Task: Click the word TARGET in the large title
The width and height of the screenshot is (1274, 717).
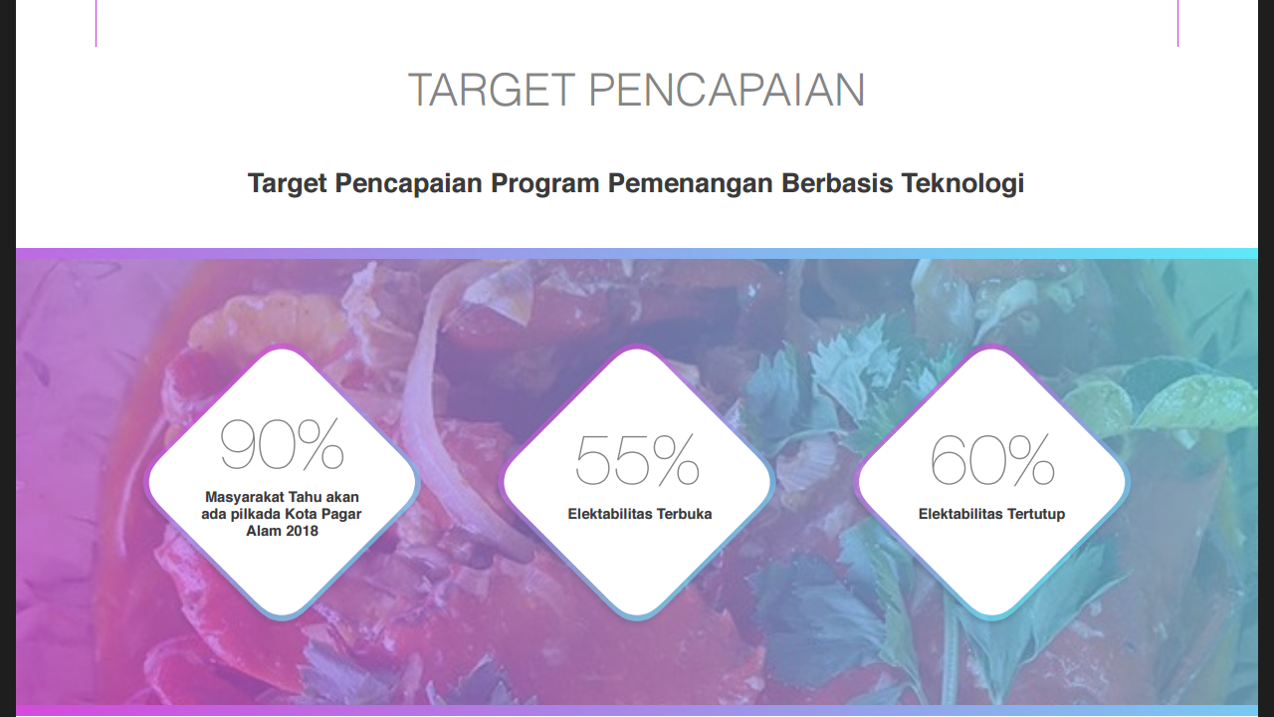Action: click(492, 91)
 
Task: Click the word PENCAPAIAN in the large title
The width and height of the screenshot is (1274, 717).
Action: click(726, 91)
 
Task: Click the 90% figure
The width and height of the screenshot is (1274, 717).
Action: click(282, 445)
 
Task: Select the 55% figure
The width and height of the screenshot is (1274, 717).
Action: click(637, 459)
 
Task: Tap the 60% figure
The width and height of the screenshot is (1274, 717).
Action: click(992, 459)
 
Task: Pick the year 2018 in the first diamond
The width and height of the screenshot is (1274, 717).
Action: click(302, 531)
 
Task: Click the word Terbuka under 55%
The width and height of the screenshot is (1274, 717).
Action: click(684, 515)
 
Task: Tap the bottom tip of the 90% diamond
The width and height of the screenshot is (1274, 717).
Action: click(283, 616)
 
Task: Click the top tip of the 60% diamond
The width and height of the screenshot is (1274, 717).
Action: click(991, 349)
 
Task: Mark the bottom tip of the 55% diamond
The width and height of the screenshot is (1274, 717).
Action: click(637, 616)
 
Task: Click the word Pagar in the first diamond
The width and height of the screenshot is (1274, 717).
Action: click(341, 514)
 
